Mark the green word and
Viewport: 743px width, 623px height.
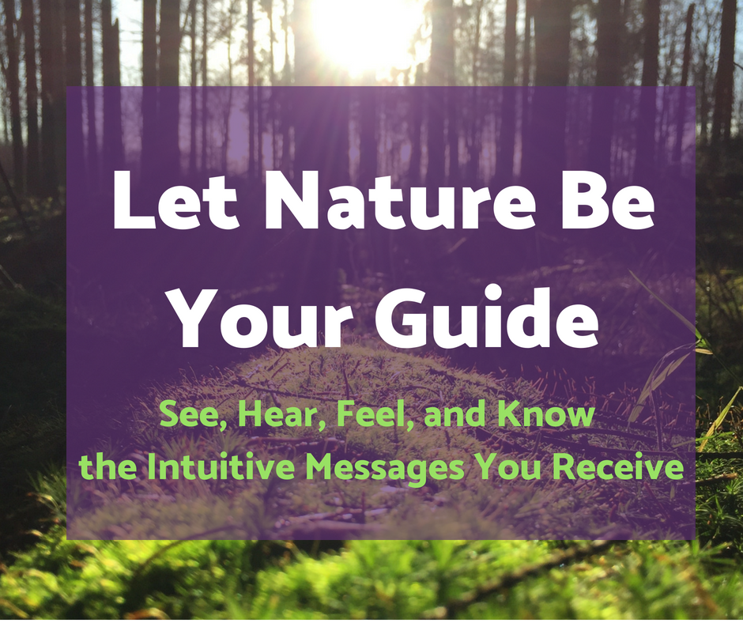click(x=454, y=414)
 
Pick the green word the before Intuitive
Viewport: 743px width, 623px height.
click(x=108, y=467)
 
